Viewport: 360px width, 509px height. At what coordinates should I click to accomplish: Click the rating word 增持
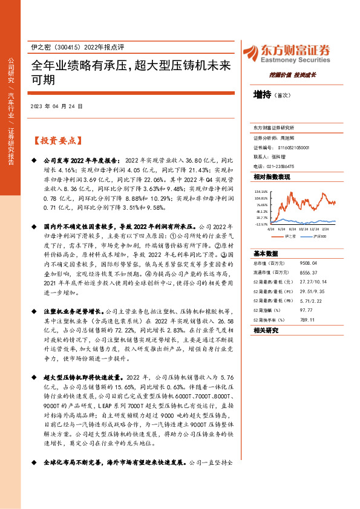[x=263, y=95]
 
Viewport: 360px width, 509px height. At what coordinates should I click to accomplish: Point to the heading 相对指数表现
[x=271, y=177]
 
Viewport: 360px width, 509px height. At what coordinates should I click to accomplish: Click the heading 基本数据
[x=266, y=253]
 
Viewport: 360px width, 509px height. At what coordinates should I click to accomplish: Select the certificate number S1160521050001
[x=293, y=147]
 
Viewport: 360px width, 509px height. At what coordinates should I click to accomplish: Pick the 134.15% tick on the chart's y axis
[x=261, y=192]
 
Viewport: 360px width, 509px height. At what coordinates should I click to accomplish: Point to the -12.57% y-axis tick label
[x=261, y=224]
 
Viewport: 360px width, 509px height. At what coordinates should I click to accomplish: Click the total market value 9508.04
[x=318, y=264]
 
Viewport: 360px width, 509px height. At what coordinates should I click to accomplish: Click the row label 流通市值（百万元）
[x=273, y=273]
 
